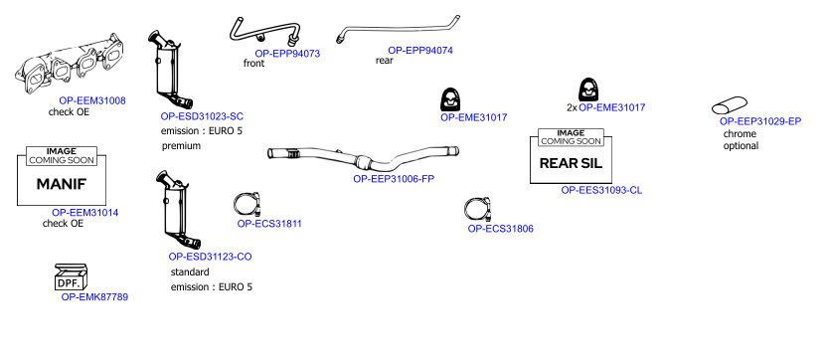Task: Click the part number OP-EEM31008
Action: [x=92, y=100]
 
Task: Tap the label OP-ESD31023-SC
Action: [x=202, y=116]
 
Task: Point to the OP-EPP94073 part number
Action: [x=287, y=54]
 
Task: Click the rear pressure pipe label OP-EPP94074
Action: [x=420, y=51]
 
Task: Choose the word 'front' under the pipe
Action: [x=253, y=63]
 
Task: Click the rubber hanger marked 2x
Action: [x=588, y=90]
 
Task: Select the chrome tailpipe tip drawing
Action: [x=729, y=105]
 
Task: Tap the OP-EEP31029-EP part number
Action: [x=760, y=121]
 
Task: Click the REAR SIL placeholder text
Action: [x=571, y=163]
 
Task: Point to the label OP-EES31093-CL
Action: [x=601, y=190]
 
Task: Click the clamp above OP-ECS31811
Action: [x=248, y=204]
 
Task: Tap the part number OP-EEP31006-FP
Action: [x=394, y=179]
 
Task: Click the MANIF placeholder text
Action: [x=61, y=184]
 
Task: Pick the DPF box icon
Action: [x=71, y=277]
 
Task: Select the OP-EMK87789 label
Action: [x=94, y=297]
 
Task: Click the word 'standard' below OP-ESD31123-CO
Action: [x=190, y=272]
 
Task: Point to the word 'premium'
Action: [x=181, y=146]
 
